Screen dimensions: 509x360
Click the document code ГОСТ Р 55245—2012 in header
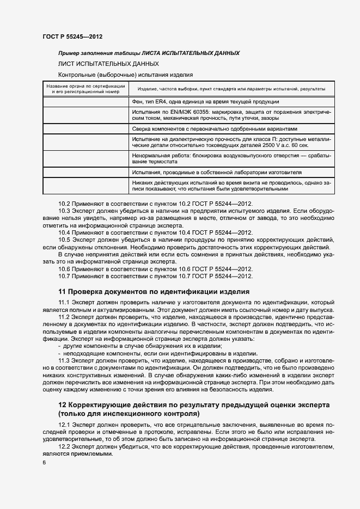point(72,36)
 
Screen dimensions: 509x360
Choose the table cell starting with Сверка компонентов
point(215,129)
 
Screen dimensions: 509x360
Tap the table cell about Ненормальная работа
point(231,158)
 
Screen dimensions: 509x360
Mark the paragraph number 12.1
point(65,425)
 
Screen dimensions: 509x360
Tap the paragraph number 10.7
point(65,276)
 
